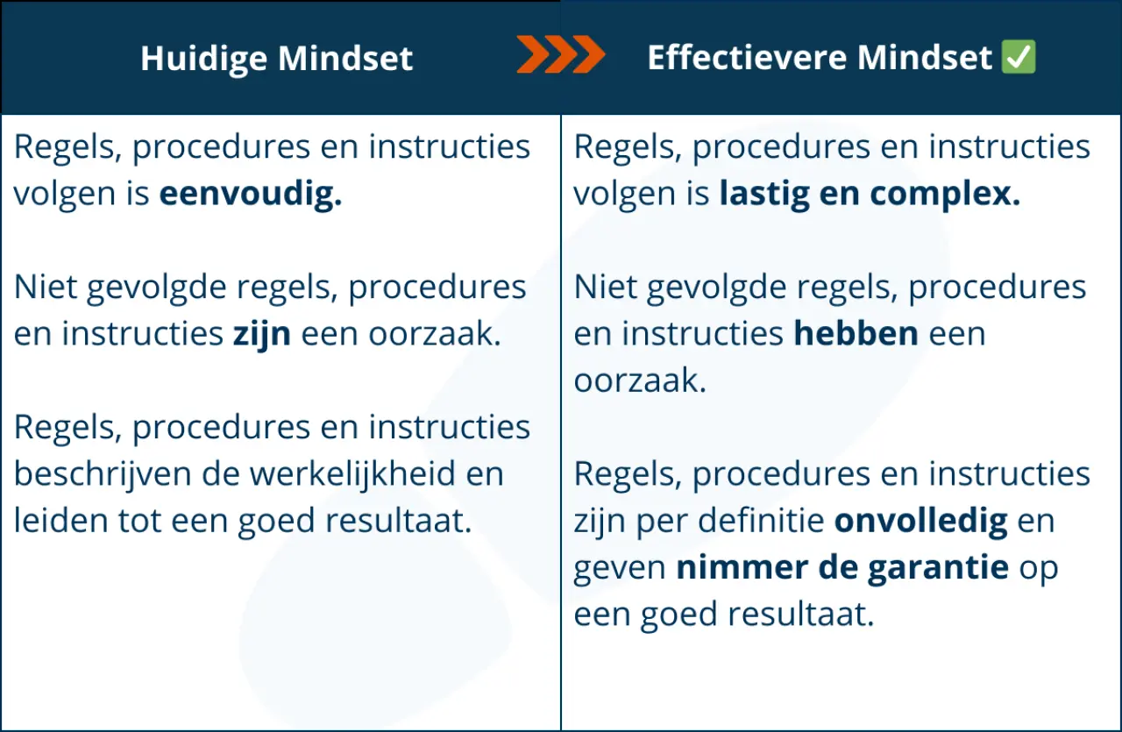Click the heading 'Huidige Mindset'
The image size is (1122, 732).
pyautogui.click(x=276, y=59)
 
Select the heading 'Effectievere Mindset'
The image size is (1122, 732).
pyautogui.click(x=820, y=57)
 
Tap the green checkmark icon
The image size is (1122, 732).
pyautogui.click(x=1019, y=57)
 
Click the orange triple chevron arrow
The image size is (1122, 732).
pyautogui.click(x=561, y=54)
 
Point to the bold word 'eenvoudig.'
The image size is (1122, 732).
pyautogui.click(x=251, y=195)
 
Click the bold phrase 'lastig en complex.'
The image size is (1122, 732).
pyautogui.click(x=870, y=195)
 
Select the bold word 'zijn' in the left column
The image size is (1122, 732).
pyautogui.click(x=261, y=335)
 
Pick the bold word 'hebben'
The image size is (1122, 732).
pyautogui.click(x=856, y=334)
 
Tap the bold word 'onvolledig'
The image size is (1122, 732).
pyautogui.click(x=920, y=522)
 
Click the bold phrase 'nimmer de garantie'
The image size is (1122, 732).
pyautogui.click(x=842, y=568)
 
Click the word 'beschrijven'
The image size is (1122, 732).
pyautogui.click(x=103, y=474)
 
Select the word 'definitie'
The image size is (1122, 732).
pyautogui.click(x=762, y=521)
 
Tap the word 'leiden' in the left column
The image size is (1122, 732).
pyautogui.click(x=60, y=520)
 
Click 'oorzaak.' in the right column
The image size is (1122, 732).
pyautogui.click(x=640, y=380)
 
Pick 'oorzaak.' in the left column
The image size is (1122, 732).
pyautogui.click(x=435, y=334)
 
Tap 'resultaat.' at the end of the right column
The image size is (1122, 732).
pyautogui.click(x=801, y=615)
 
